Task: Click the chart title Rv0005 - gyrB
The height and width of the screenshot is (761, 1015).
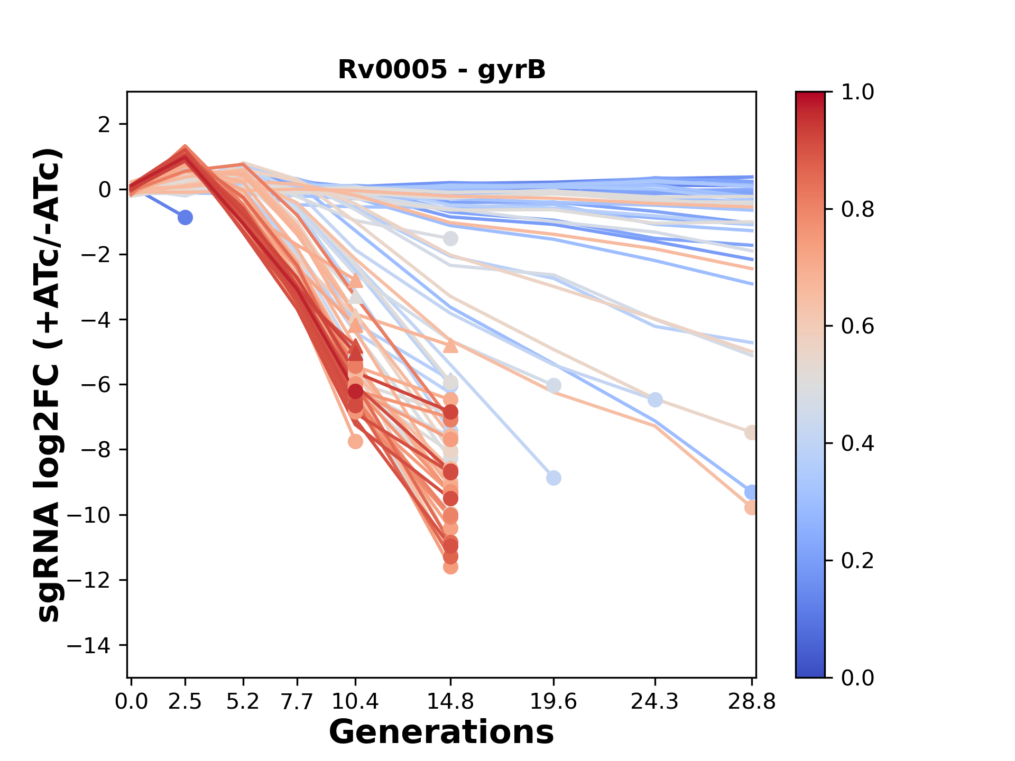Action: coord(441,70)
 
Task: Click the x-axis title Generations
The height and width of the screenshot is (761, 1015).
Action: coord(441,732)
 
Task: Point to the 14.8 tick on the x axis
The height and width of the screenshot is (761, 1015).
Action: coord(450,702)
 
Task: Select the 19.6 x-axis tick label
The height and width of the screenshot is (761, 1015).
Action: coord(553,702)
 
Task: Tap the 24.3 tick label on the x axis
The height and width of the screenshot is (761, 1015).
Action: coord(655,702)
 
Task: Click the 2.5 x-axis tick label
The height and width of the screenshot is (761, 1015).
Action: coord(185,702)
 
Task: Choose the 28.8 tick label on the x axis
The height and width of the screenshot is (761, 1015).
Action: coord(752,702)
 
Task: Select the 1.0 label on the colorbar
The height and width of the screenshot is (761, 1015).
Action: coord(857,92)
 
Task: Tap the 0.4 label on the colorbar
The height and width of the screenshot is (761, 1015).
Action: coord(857,443)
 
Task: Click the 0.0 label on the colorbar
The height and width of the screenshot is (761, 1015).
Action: coord(857,678)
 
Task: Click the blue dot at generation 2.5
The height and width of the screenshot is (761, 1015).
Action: coord(185,217)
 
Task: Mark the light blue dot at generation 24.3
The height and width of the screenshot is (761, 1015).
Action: coord(655,400)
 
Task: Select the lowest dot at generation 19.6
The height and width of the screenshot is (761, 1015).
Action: coord(553,478)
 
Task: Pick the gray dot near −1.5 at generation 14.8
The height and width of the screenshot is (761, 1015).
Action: coord(450,238)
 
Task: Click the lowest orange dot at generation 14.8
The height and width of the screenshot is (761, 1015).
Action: coord(450,567)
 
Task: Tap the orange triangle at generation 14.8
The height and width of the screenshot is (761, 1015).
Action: coord(450,346)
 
